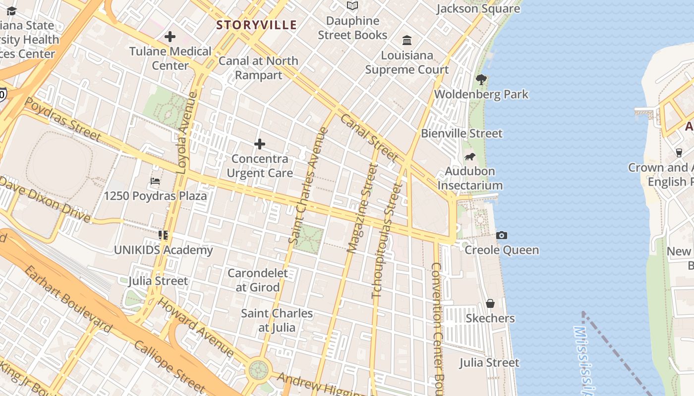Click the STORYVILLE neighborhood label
point(256,25)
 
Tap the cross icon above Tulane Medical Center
point(170,37)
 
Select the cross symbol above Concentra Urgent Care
point(259,144)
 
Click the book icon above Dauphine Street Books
point(352,6)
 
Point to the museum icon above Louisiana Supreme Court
point(407,40)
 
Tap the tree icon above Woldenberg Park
point(481,79)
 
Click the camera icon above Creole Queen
point(502,235)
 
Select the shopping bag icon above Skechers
point(490,303)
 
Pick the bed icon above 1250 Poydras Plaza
point(155,181)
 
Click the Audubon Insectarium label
point(470,178)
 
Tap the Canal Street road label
point(369,138)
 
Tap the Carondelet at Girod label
point(257,280)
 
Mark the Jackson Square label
point(478,8)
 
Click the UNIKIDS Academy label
point(163,250)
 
